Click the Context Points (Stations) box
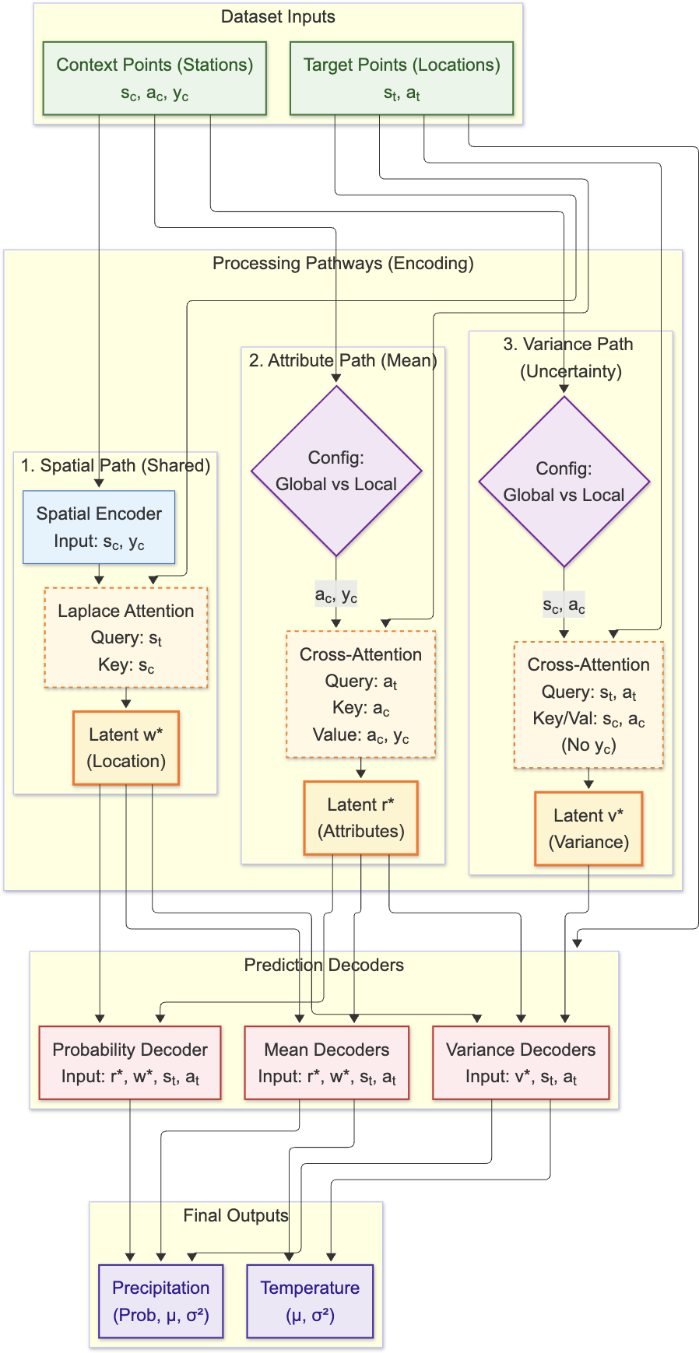(x=155, y=79)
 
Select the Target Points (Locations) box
(x=402, y=79)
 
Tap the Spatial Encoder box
(x=99, y=527)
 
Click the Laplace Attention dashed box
(x=126, y=637)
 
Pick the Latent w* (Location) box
(x=126, y=748)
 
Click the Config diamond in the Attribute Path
(x=336, y=471)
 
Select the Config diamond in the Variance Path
(x=564, y=482)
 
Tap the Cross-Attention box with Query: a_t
(x=361, y=694)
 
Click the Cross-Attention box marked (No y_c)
(x=588, y=705)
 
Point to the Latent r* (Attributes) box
(x=361, y=818)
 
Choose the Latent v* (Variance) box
(x=588, y=829)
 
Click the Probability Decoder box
(x=130, y=1063)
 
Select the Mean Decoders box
(x=327, y=1063)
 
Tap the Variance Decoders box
(x=521, y=1063)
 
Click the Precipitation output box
(x=161, y=1301)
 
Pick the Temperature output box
(x=310, y=1301)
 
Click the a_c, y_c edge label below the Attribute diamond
(x=336, y=595)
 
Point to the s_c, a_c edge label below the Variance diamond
(x=564, y=605)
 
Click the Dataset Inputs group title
(x=278, y=17)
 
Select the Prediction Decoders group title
(x=324, y=965)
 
